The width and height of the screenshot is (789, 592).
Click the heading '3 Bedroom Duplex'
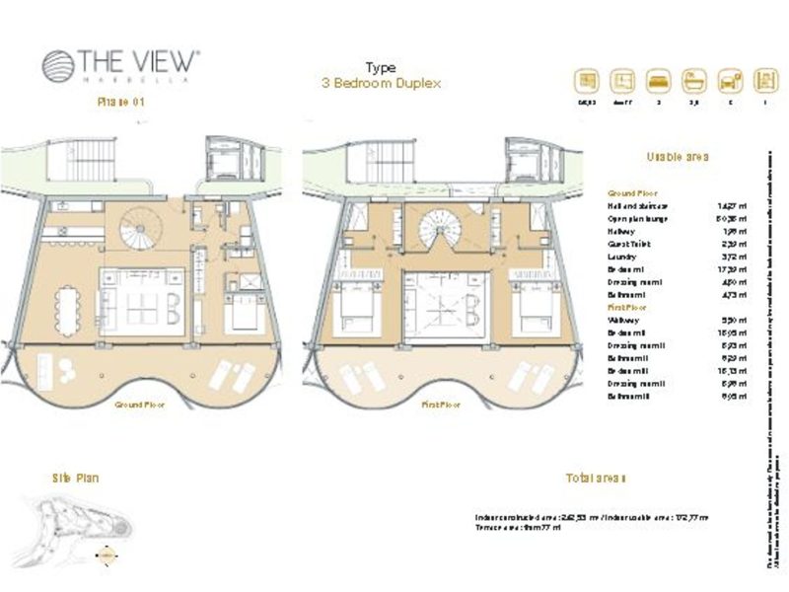pos(381,84)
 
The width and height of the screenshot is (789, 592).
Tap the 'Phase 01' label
pos(120,102)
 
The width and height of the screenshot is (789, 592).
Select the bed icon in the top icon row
pos(656,80)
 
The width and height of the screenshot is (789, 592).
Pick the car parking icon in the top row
pos(729,80)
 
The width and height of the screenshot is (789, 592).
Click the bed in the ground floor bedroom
pos(244,315)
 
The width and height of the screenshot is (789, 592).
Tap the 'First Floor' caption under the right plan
pos(441,405)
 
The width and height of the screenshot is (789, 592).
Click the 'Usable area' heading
pos(678,157)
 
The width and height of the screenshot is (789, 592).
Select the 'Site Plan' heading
pos(75,478)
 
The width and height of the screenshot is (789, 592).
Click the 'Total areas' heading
pos(597,478)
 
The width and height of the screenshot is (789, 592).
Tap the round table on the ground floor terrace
pos(67,368)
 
